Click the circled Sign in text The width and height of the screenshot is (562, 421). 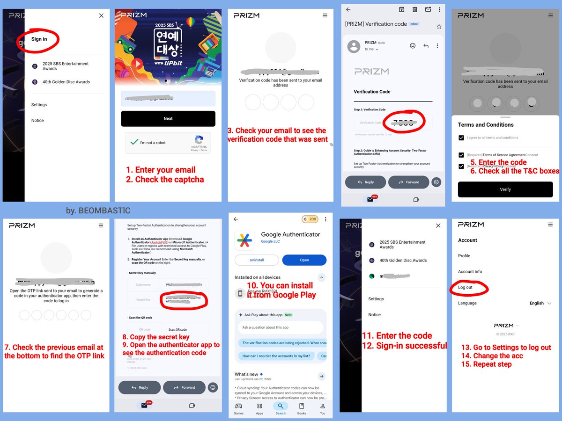click(x=39, y=39)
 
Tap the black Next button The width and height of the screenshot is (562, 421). click(x=168, y=119)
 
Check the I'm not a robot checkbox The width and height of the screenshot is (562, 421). click(x=134, y=142)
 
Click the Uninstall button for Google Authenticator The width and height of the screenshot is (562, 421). click(x=257, y=260)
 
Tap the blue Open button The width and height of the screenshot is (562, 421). click(x=304, y=260)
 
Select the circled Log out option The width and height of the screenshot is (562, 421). click(x=466, y=287)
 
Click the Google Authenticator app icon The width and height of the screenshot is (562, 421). click(x=244, y=240)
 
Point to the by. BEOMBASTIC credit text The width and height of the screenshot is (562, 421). click(x=98, y=211)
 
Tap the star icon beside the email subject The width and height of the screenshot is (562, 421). click(x=439, y=27)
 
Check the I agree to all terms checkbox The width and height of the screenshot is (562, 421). click(x=461, y=138)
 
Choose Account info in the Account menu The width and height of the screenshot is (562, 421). click(x=470, y=272)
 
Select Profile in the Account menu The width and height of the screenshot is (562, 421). click(x=464, y=256)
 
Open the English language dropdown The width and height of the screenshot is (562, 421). click(x=540, y=303)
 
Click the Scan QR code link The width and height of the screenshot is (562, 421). click(x=177, y=329)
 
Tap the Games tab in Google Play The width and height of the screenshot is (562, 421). click(x=238, y=408)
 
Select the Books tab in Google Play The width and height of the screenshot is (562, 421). click(x=302, y=408)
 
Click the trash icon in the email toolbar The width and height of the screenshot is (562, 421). click(x=414, y=9)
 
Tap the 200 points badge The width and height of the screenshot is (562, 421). click(x=310, y=219)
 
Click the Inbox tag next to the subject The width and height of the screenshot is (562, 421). click(x=414, y=24)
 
